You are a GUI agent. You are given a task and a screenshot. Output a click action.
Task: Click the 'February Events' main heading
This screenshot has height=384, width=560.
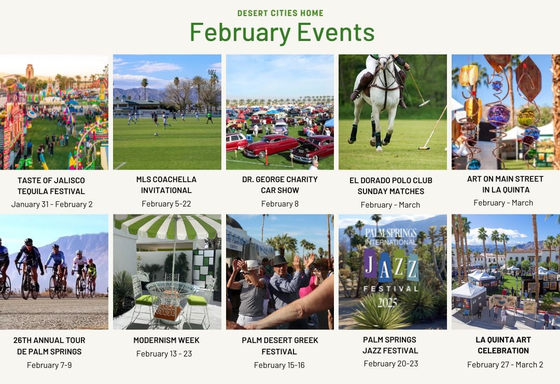coord(282,33)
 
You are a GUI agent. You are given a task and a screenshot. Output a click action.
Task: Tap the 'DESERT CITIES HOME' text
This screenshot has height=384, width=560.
coord(281,13)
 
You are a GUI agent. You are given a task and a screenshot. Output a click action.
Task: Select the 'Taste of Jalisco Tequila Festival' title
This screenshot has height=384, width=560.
coord(51,186)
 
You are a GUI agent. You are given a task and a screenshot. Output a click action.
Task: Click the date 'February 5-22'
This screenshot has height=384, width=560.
coord(166,204)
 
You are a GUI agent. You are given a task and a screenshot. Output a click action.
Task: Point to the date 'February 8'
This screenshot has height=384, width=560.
coord(280,204)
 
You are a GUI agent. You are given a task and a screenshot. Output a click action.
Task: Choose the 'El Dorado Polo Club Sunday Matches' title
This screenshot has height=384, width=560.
coord(391,186)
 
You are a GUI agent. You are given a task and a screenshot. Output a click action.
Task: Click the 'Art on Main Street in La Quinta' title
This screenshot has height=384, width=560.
coord(506,184)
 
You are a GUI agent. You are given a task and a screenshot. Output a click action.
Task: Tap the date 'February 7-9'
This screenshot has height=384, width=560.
coord(49,365)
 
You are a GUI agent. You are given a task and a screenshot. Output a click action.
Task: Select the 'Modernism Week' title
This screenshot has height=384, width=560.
coord(166,340)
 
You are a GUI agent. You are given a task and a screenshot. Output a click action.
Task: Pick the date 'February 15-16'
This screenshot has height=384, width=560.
coord(279,365)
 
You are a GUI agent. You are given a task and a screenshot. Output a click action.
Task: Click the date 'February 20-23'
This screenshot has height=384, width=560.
coord(391,364)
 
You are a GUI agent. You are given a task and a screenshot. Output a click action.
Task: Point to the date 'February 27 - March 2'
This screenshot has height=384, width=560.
coord(505,365)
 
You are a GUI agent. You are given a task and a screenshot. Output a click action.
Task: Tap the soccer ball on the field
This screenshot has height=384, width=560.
coord(156,135)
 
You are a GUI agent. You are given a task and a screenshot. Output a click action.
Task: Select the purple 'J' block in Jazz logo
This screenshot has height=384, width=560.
coord(370,263)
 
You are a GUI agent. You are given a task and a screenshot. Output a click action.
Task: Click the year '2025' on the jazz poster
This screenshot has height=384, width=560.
coord(387,303)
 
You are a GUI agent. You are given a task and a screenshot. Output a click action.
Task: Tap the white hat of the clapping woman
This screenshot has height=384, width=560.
coord(252,265)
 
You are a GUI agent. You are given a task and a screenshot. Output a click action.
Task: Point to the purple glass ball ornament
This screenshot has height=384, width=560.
coord(499,116)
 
